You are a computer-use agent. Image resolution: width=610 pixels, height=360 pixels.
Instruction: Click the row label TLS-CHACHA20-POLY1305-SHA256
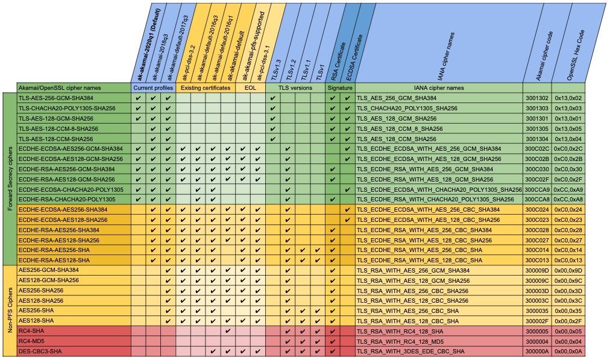(66, 108)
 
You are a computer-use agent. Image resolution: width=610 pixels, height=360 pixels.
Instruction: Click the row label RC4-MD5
(32, 341)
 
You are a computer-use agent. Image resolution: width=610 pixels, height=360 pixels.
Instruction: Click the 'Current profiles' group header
(153, 87)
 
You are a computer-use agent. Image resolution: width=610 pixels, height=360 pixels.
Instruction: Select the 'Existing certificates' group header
(206, 87)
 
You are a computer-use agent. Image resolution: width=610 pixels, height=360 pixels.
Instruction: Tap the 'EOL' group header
(250, 87)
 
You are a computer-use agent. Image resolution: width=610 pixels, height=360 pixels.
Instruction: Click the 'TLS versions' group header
(295, 87)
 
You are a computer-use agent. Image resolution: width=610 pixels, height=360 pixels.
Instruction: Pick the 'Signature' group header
(340, 87)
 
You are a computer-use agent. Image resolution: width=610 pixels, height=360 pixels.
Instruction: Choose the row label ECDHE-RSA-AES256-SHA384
(58, 230)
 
